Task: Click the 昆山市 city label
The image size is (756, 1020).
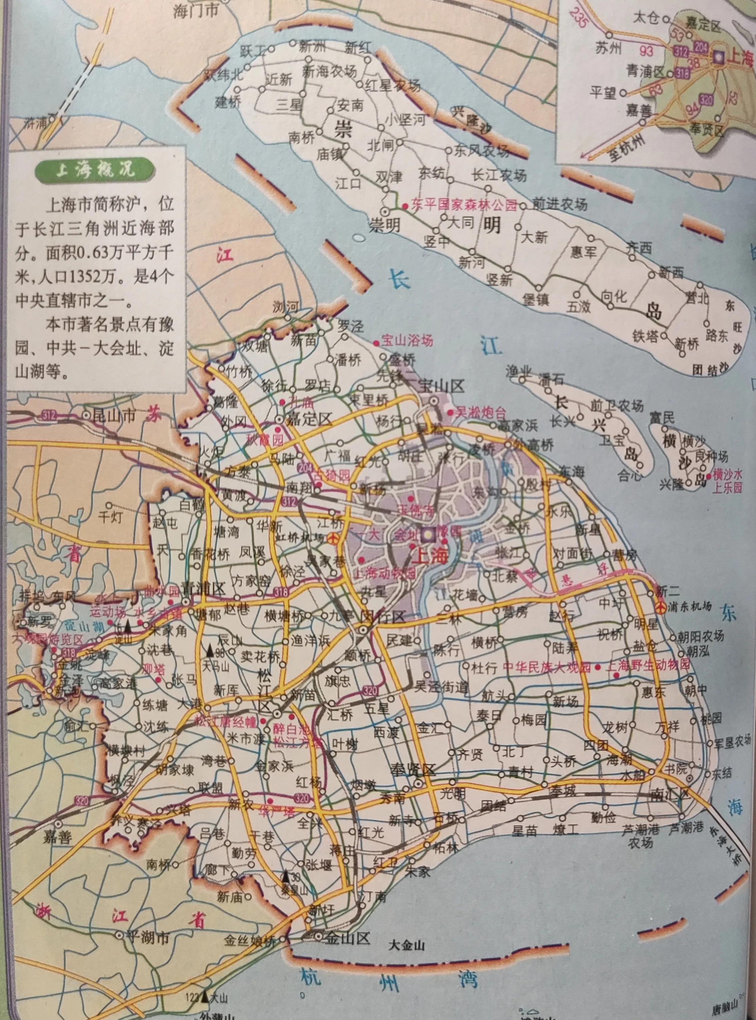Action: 118,403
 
